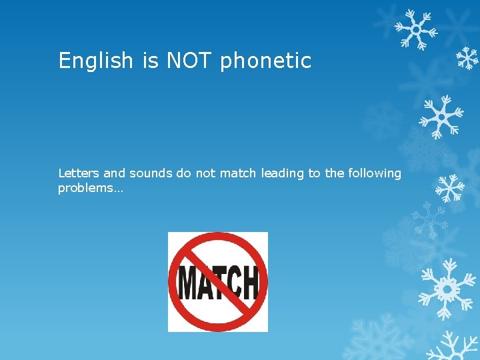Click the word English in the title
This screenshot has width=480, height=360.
(x=96, y=61)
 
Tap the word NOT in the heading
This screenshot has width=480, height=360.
(x=189, y=61)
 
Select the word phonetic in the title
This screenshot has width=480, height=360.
(x=265, y=61)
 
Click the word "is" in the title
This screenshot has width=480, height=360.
(x=150, y=61)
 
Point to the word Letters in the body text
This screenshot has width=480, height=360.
(x=79, y=173)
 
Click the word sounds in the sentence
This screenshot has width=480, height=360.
(x=151, y=173)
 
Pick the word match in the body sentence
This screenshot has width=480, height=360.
(x=238, y=173)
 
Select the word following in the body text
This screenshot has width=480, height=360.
(x=375, y=174)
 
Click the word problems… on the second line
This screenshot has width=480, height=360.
(x=86, y=188)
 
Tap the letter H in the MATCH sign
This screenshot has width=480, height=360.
(x=249, y=283)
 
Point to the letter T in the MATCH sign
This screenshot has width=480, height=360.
(x=219, y=283)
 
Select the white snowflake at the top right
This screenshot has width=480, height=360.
(x=415, y=29)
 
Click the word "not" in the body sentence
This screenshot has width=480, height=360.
(x=205, y=173)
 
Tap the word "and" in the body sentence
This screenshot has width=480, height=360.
(x=114, y=173)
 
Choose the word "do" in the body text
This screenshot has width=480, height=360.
(x=183, y=173)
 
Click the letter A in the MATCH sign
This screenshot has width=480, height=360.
(x=205, y=284)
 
